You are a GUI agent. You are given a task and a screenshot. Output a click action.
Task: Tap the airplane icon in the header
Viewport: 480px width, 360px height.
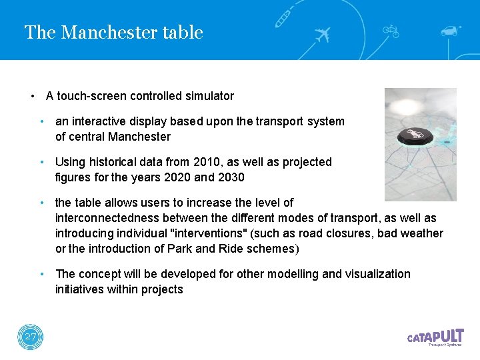[x=323, y=34]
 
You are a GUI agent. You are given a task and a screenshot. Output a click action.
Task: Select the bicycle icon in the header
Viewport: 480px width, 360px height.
[x=390, y=30]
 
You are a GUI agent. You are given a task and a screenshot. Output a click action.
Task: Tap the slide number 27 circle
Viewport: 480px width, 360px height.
[x=30, y=337]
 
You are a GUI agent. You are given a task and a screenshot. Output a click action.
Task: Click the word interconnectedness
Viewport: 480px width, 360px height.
[x=103, y=218]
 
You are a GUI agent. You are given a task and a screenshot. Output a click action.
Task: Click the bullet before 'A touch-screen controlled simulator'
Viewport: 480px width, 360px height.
[x=32, y=96]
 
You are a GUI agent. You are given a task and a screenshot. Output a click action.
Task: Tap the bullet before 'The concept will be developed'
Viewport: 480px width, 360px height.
[x=42, y=274]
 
